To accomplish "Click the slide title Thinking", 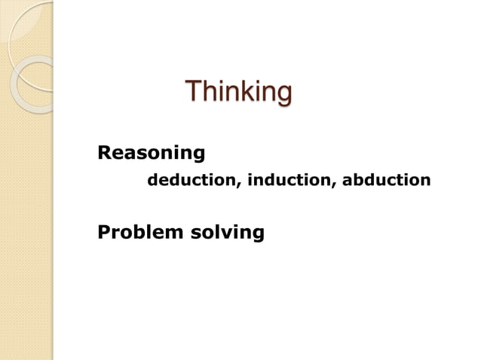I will (x=237, y=93).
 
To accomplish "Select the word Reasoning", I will (x=152, y=154).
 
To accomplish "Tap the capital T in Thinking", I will (x=192, y=92).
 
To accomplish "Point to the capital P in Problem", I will (x=104, y=232).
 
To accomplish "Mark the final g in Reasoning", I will (x=198, y=156).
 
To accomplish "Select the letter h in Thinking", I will (x=207, y=92).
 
